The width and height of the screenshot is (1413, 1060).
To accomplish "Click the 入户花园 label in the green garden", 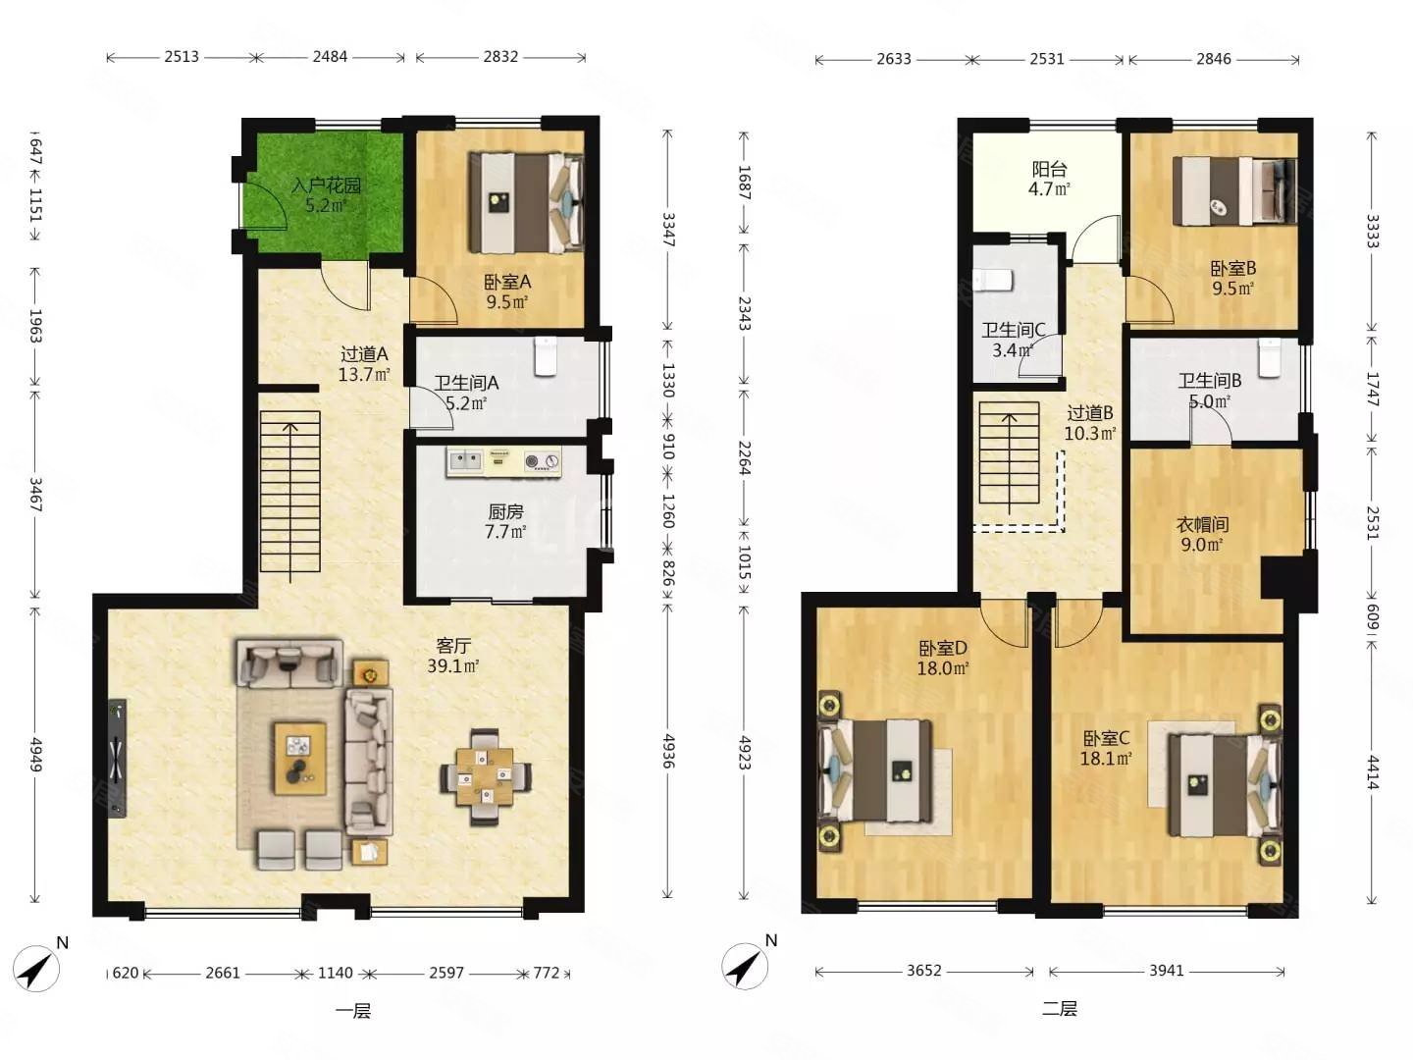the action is point(327,185).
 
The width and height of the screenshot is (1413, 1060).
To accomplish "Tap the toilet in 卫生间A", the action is point(546,356).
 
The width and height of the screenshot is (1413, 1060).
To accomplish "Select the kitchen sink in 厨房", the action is point(465,461).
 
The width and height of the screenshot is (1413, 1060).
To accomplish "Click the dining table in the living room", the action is point(486,776).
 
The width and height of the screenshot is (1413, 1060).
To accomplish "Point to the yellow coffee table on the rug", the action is point(300,758).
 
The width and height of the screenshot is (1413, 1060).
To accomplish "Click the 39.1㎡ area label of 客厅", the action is point(453,665).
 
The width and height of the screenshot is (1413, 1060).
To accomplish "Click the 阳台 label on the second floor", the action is point(1049,169).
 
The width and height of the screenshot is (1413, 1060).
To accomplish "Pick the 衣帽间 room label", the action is point(1202,524).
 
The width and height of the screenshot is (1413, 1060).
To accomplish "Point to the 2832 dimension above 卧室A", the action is point(500,57).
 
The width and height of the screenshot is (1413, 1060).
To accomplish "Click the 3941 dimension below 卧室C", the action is point(1167,970).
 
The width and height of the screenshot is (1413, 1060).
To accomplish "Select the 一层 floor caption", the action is point(353,1011).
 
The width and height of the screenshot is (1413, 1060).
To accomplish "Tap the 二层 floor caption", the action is point(1059,1008).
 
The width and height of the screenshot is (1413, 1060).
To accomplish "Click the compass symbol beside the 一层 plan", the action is point(36,968).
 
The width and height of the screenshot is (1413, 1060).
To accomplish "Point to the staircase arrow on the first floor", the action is point(290,502).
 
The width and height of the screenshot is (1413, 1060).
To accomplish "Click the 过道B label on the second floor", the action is point(1090,412).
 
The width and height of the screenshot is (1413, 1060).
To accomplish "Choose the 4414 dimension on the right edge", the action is point(1372,773).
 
